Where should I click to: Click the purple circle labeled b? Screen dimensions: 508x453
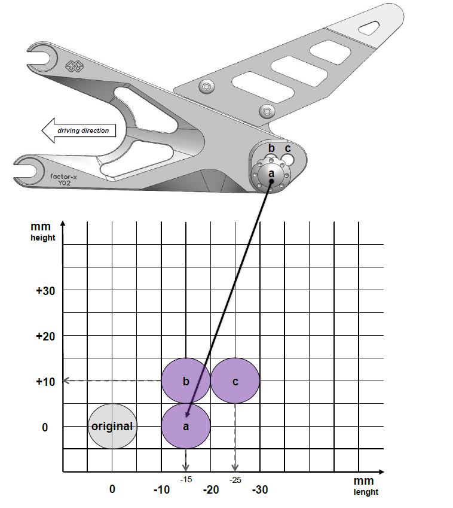point(186,381)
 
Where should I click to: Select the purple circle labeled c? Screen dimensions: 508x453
point(235,381)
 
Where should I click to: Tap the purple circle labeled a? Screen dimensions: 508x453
point(186,426)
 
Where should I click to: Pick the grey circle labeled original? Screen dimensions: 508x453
point(112,426)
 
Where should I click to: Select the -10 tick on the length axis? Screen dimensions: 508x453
point(161,489)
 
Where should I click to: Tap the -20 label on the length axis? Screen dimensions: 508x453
point(210,489)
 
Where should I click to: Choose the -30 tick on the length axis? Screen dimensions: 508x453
point(259,489)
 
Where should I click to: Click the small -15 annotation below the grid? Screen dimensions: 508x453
point(186,479)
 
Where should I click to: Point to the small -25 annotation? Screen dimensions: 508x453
point(235,479)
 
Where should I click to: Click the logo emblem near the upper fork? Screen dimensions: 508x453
point(73,66)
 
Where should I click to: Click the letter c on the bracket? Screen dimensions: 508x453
point(287,148)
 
